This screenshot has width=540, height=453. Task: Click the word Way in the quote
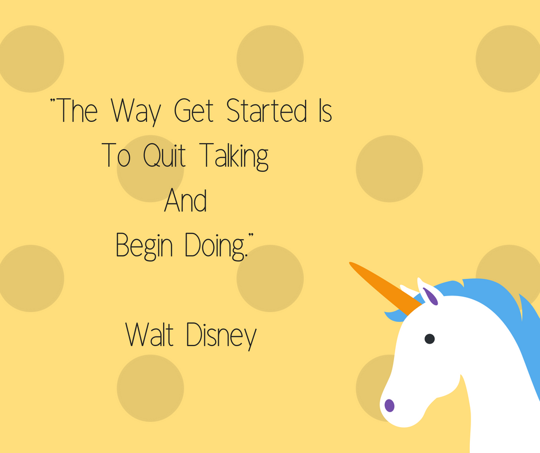point(136,111)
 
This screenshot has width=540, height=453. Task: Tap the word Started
point(267,110)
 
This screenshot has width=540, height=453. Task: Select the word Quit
point(164,155)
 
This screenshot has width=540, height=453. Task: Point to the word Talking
point(234,157)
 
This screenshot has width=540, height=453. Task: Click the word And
point(186,201)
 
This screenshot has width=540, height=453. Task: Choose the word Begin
point(144,246)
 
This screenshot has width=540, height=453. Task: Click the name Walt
point(149,335)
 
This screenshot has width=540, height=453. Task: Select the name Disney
point(221,336)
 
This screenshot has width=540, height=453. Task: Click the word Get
point(194,111)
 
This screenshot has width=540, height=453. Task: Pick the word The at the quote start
point(76,110)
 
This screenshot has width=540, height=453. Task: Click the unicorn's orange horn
point(385,288)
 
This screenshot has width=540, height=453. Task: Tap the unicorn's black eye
point(430,339)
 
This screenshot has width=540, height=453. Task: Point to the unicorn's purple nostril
point(389,405)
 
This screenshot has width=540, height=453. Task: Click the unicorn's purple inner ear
point(430,297)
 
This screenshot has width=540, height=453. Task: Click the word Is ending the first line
point(326,111)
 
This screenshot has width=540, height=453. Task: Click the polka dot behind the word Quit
point(150,168)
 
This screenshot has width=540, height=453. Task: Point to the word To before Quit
point(117,155)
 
